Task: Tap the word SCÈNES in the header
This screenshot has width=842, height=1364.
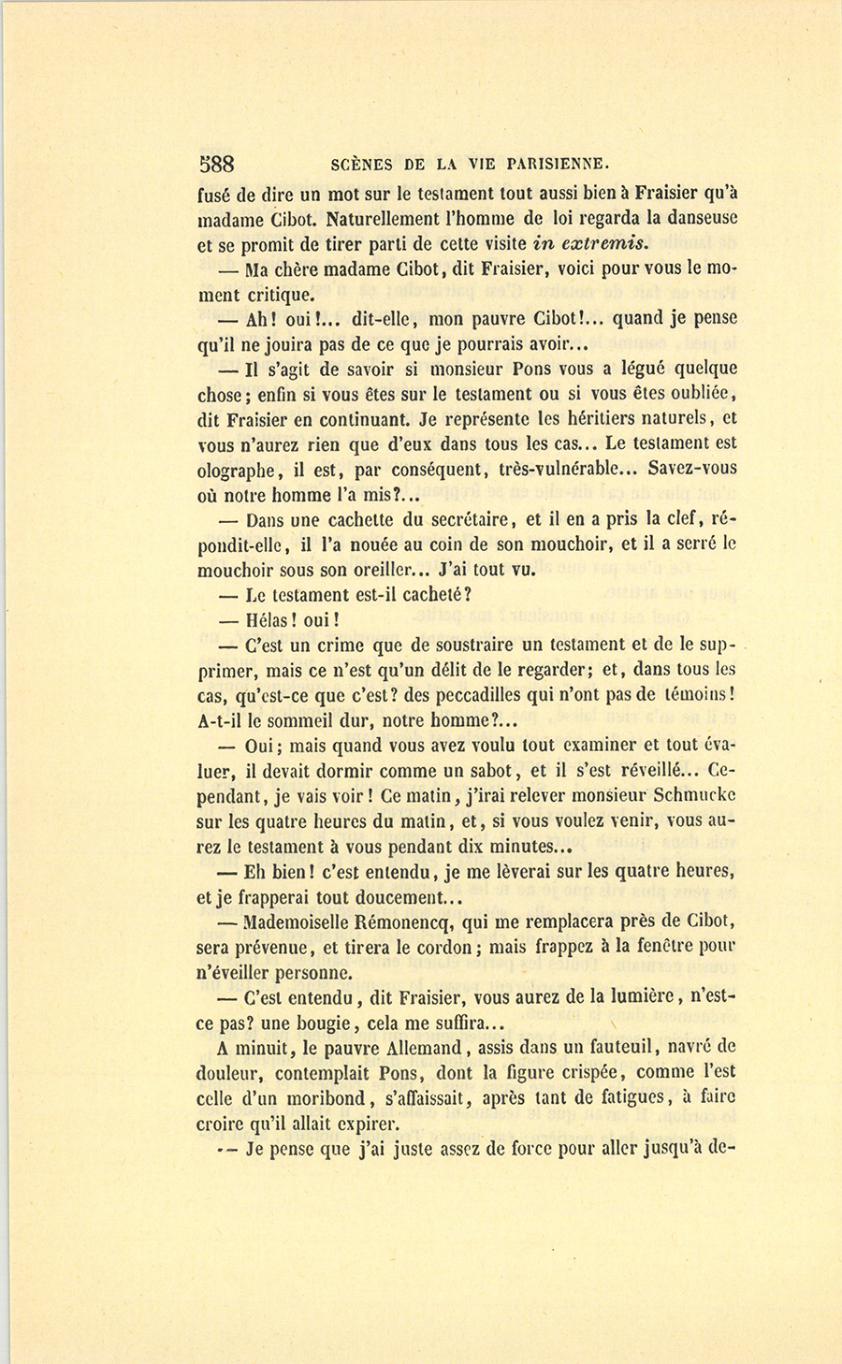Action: [364, 166]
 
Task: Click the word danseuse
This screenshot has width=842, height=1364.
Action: [694, 219]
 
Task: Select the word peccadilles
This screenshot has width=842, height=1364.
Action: [470, 696]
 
